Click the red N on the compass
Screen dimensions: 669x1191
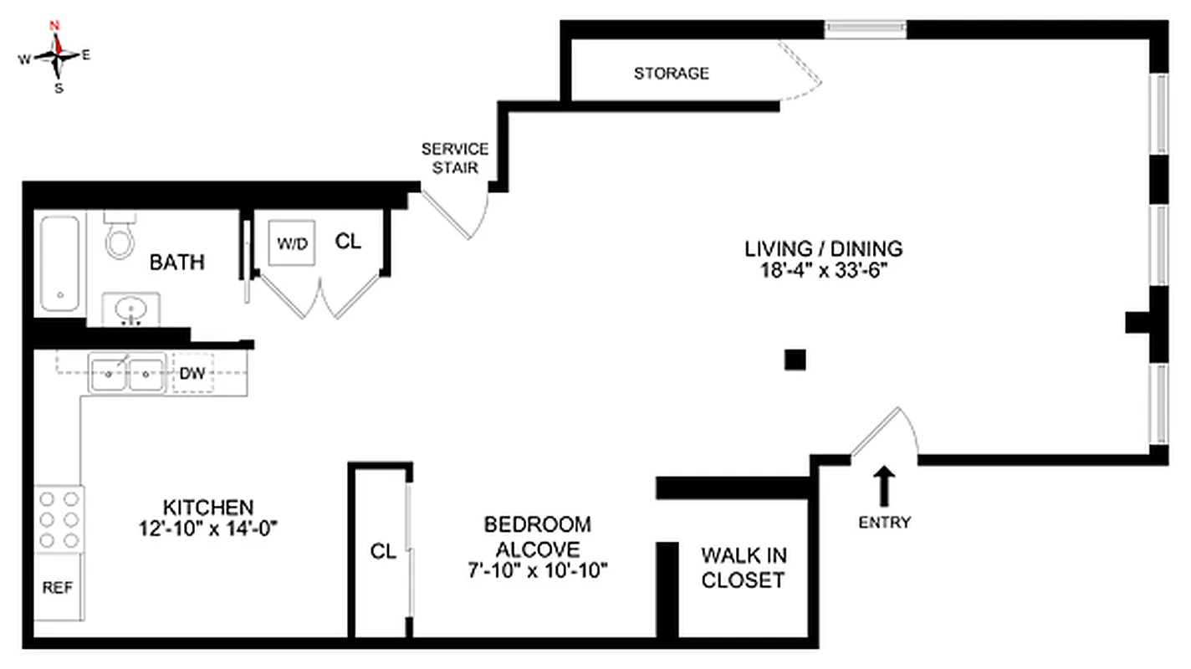click(56, 25)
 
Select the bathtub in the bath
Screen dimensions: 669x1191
click(59, 263)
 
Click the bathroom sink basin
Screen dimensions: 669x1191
click(130, 311)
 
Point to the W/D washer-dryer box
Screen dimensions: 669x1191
click(292, 243)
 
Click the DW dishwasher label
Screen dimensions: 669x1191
click(192, 374)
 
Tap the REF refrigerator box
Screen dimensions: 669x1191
click(58, 588)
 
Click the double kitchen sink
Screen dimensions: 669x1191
click(127, 373)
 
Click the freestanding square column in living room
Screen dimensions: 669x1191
click(795, 360)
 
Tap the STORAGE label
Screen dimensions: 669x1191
click(671, 74)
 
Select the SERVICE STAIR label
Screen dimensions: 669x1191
click(454, 158)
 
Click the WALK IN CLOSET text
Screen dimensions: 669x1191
click(743, 567)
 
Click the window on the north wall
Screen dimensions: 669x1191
click(865, 29)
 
